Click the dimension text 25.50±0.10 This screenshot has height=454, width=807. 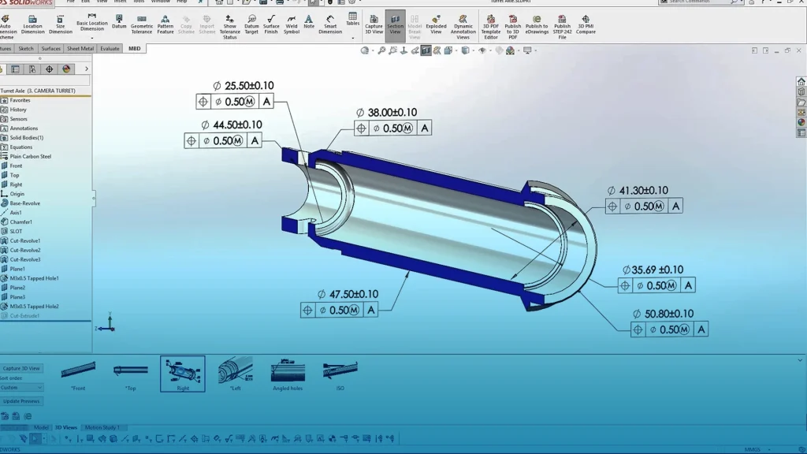[x=249, y=86]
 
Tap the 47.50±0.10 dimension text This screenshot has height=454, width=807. [x=353, y=295]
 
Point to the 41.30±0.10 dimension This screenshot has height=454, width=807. [x=642, y=191]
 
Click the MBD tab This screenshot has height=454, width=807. [x=135, y=49]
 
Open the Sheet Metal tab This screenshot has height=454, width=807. [x=80, y=49]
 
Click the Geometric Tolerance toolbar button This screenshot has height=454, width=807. [x=142, y=25]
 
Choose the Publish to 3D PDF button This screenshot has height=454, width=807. [x=513, y=25]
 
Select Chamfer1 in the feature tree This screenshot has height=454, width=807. [x=21, y=222]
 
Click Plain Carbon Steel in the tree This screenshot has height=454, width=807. [x=31, y=157]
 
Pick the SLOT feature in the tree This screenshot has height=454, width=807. [x=17, y=232]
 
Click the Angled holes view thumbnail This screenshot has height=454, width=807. [x=288, y=373]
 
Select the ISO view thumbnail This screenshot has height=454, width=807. [x=340, y=373]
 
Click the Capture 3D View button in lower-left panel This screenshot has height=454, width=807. [x=22, y=368]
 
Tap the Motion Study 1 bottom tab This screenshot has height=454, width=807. [x=102, y=428]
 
